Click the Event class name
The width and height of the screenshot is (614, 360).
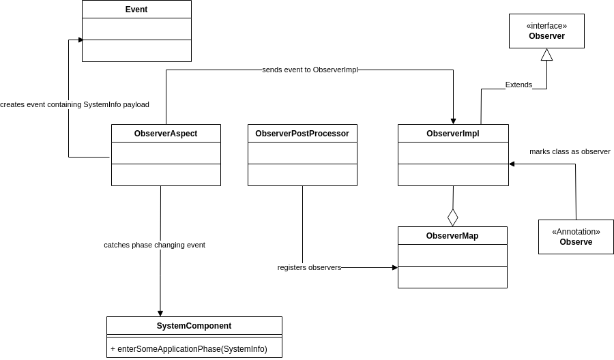click(136, 10)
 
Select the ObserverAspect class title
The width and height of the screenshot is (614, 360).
click(166, 134)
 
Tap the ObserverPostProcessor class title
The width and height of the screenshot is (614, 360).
click(302, 134)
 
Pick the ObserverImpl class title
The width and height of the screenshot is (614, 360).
click(453, 134)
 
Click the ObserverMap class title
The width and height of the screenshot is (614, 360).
click(452, 236)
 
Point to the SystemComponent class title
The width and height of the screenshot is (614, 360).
click(194, 326)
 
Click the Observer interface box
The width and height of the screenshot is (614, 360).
click(546, 31)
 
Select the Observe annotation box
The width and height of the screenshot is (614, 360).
click(576, 237)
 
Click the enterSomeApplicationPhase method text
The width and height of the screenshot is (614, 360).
click(189, 349)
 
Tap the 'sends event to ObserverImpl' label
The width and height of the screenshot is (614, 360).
click(310, 70)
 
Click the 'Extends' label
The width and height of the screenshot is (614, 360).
click(518, 85)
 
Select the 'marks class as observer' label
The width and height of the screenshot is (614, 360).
click(570, 151)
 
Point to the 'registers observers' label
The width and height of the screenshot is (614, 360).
click(309, 267)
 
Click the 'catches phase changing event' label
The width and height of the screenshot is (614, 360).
click(154, 245)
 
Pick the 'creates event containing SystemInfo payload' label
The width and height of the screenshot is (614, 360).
click(74, 104)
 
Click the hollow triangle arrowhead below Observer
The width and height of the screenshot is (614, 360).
click(546, 55)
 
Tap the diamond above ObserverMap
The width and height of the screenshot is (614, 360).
click(453, 217)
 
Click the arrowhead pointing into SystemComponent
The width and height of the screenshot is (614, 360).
click(160, 313)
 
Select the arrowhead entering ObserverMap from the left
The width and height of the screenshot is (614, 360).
click(394, 267)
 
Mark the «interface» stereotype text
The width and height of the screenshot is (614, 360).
click(546, 26)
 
